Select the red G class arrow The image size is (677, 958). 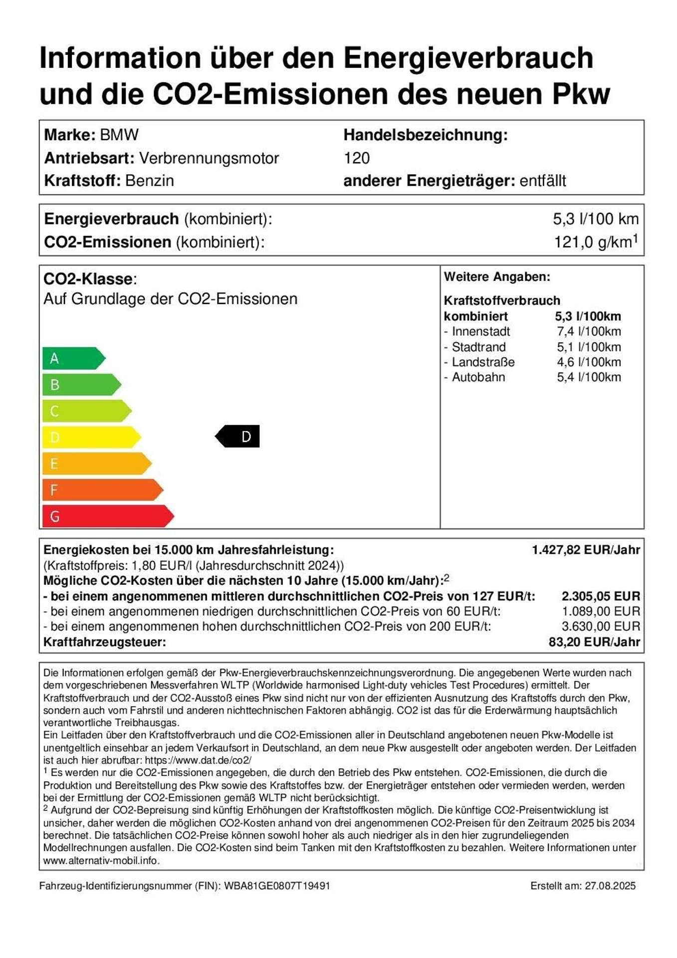pos(107,516)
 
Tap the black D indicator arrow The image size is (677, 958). pos(238,437)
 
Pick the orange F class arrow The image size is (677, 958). pos(102,490)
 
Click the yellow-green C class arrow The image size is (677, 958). pos(86,411)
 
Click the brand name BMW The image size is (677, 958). pos(119,135)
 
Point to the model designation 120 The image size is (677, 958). pos(357,158)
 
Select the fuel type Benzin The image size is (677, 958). pos(149,181)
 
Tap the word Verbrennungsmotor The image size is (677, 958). pos(209,158)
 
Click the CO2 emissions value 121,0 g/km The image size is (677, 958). pos(595,242)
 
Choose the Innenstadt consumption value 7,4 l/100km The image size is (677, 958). pos(589,331)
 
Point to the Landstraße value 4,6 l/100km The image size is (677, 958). pos(589,362)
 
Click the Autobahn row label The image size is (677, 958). pos(478,377)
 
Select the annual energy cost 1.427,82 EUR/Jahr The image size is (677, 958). pos(586,550)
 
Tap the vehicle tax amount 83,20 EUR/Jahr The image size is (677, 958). pos(594,642)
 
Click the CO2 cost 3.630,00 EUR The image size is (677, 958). pos(601,627)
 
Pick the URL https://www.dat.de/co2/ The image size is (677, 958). pos(198,760)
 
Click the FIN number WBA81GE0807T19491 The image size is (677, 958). pos(277,886)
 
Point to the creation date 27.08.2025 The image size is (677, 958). pos(610,886)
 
